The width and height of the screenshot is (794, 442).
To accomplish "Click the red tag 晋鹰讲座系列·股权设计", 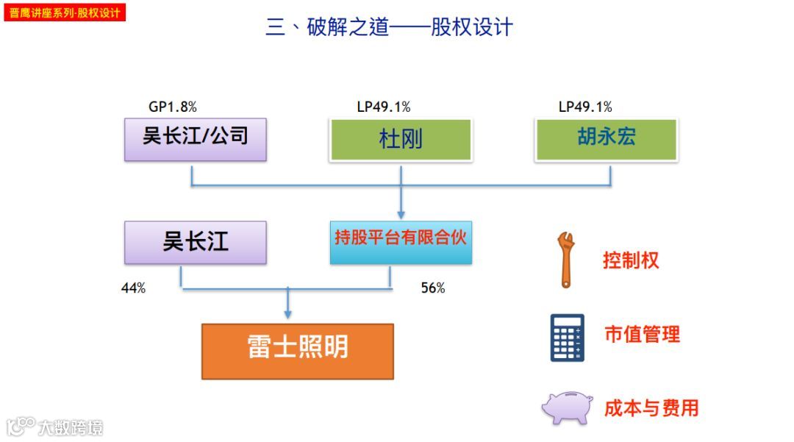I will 65,13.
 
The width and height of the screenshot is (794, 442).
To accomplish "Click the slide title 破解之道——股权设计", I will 389,28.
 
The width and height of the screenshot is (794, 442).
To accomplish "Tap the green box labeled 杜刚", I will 401,139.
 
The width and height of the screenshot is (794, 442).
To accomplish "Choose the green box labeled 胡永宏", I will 607,138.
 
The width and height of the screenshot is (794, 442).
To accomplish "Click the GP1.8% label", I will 173,107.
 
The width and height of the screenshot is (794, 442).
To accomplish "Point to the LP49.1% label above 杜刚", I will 383,107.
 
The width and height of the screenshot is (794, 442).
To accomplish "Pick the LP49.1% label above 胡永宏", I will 585,107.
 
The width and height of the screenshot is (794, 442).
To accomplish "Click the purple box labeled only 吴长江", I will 195,242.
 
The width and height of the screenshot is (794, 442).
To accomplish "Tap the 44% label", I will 133,288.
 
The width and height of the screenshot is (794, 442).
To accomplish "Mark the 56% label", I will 433,288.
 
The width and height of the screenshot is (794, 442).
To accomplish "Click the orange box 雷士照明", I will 297,351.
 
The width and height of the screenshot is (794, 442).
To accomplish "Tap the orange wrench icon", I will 566,260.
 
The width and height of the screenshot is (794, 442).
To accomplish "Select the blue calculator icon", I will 567,338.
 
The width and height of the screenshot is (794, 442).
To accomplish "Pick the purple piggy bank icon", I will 567,407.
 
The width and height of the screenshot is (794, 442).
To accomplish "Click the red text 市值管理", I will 642,335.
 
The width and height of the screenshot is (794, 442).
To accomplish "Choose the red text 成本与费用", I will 651,408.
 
